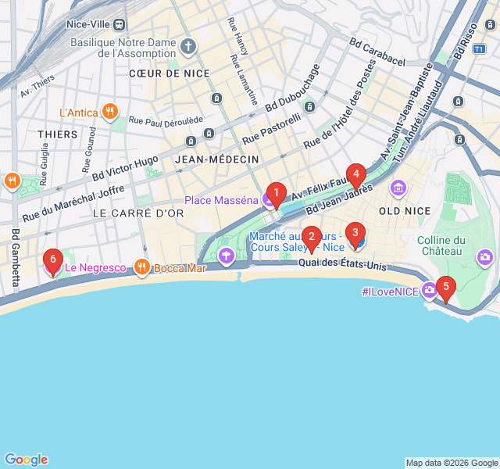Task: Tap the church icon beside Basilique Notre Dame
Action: [187, 47]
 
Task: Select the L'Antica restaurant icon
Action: [110, 113]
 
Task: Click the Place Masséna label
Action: [221, 200]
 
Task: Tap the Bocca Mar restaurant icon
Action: [141, 268]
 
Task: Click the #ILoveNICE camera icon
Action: [429, 292]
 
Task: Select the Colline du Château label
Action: [441, 245]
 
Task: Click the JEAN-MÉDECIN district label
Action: [217, 159]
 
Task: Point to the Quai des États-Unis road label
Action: [342, 266]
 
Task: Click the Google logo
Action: [26, 460]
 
